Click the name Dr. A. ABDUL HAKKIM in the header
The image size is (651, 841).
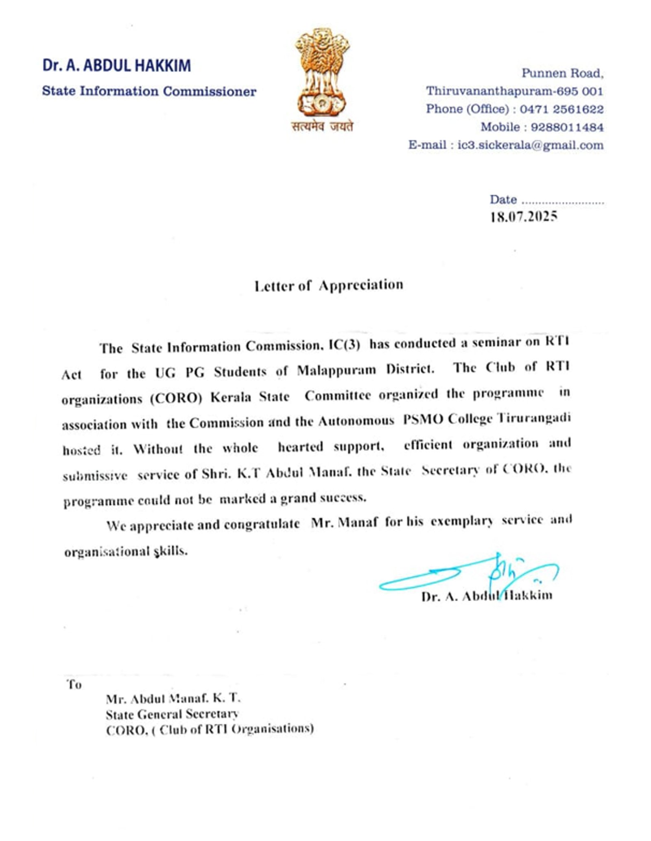tap(116, 66)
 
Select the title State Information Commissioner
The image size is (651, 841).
tap(149, 91)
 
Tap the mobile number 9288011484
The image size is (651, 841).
tap(567, 127)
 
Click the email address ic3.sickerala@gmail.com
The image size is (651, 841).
tap(530, 145)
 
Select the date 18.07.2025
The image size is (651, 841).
tap(523, 217)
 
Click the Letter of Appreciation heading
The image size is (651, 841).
tap(329, 285)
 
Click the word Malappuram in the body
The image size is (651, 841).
tap(330, 370)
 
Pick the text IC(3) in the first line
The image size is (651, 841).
tap(344, 345)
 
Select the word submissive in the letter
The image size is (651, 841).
tap(95, 475)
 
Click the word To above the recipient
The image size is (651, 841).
tap(74, 684)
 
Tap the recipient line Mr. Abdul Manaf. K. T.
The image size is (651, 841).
tap(173, 699)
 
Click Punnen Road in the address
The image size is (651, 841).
tap(562, 73)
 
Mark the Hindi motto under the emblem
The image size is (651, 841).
tap(322, 127)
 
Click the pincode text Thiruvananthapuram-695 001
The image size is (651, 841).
tap(514, 91)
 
